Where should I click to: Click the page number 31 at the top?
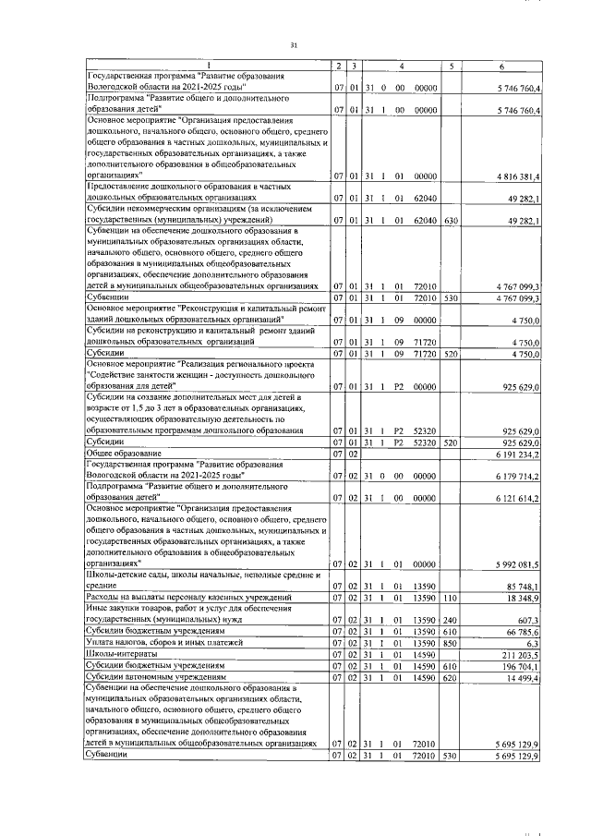(294, 44)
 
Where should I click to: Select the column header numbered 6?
(501, 66)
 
